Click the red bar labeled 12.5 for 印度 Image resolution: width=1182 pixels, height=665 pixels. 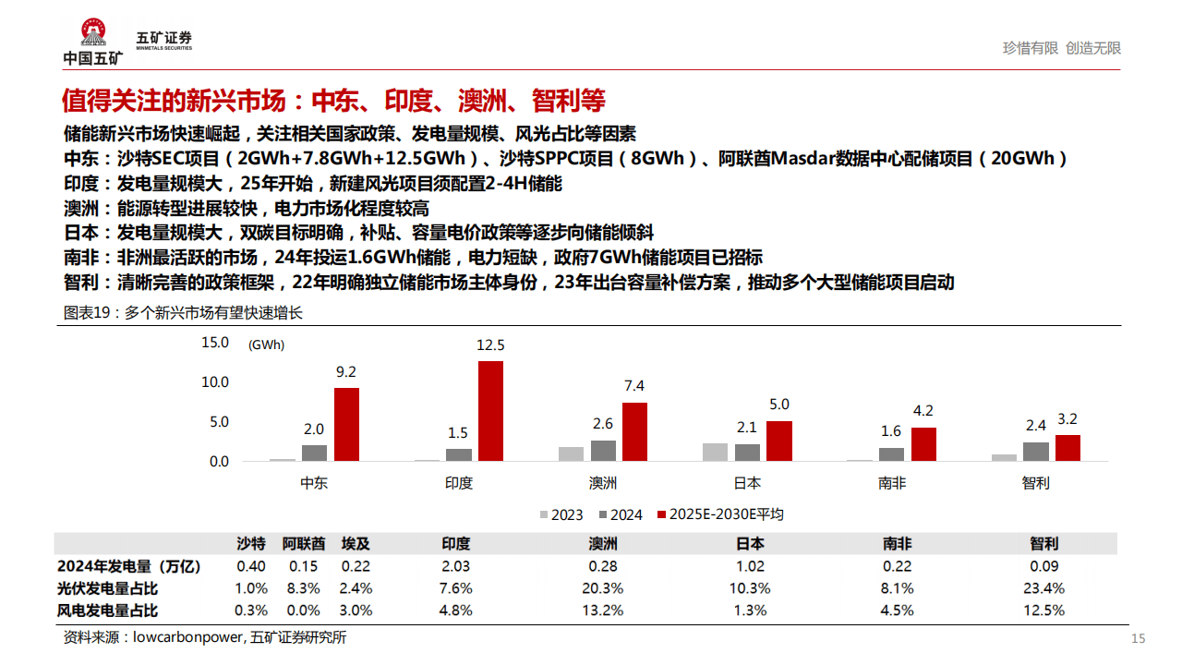click(490, 411)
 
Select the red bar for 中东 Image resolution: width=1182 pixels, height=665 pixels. click(346, 424)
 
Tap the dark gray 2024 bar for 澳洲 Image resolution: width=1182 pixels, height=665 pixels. click(603, 451)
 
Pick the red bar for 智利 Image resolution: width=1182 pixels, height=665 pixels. click(1067, 448)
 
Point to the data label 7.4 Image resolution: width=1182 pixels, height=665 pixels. click(634, 386)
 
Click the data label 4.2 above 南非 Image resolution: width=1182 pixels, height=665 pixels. click(923, 411)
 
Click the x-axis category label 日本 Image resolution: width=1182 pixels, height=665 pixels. click(747, 483)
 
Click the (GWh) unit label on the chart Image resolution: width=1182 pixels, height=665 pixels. click(266, 345)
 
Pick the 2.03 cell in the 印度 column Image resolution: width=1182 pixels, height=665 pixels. click(456, 566)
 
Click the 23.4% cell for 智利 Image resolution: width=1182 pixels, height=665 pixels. click(1044, 588)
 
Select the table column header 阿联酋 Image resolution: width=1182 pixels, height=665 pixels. click(304, 544)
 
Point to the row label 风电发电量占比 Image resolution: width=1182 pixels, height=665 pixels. click(108, 611)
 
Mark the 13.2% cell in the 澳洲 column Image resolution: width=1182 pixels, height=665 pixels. click(603, 611)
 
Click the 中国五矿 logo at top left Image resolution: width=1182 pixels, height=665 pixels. click(92, 42)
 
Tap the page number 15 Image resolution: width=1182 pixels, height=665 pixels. click(1138, 639)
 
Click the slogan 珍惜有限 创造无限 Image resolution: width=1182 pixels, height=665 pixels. click(1061, 48)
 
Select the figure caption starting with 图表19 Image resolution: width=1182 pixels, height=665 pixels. click(183, 313)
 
